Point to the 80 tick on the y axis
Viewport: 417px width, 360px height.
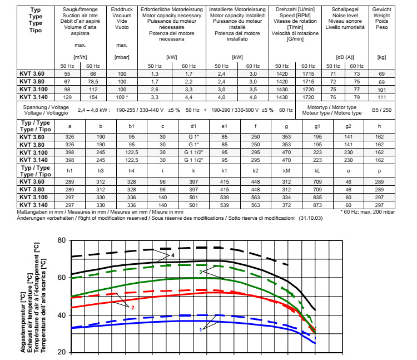[x=61, y=240]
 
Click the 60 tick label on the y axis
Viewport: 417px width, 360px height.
[x=61, y=277]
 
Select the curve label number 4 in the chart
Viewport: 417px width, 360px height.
[x=173, y=255]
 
